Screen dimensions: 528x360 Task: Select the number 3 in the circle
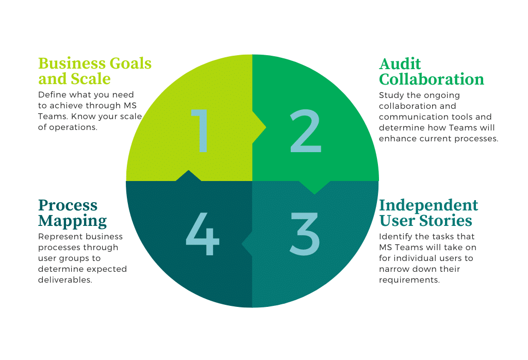304,234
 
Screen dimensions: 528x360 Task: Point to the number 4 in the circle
202,234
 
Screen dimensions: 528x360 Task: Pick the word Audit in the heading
400,64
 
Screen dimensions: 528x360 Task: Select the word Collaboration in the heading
432,79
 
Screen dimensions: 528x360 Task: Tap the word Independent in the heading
428,205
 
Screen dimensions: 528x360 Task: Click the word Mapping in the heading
72,221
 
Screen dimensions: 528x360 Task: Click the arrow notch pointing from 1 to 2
259,127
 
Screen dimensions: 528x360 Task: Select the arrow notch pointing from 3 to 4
247,243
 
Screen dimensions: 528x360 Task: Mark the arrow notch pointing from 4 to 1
189,175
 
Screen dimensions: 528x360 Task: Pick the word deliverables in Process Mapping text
65,280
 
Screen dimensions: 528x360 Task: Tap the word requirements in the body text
409,280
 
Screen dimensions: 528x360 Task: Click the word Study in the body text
391,95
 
